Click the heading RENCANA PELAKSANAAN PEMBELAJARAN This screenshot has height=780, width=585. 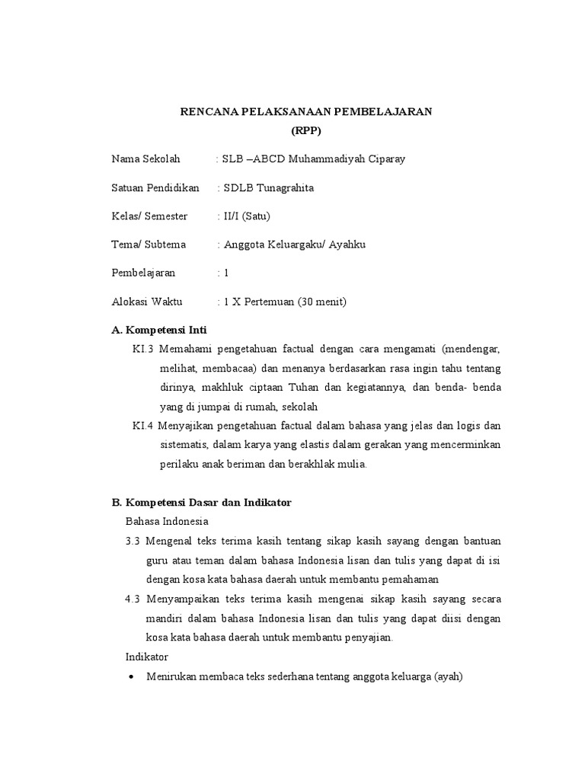click(305, 112)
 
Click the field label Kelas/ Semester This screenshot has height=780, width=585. click(149, 216)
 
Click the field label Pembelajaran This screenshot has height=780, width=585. click(144, 273)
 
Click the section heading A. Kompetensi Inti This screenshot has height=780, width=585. click(159, 331)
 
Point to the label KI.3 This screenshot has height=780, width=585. click(143, 349)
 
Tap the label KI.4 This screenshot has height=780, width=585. click(143, 425)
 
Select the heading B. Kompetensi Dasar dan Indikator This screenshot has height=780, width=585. click(202, 503)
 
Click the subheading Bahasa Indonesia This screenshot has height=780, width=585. click(167, 522)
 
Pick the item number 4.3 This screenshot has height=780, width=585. click(133, 599)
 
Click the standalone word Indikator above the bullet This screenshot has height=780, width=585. click(146, 657)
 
